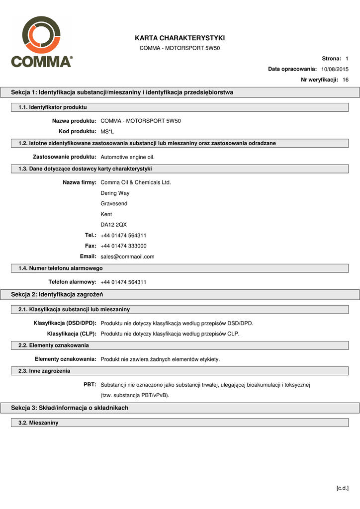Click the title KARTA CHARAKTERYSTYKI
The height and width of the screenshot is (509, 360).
[180, 38]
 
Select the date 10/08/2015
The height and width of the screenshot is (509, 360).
[335, 69]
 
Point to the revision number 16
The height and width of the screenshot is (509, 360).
[346, 80]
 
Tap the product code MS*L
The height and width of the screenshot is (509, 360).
[107, 131]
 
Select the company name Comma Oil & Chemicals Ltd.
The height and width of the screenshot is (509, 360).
[136, 182]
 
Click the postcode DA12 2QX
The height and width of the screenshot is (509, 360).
[113, 225]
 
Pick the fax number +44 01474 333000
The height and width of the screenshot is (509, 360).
[123, 246]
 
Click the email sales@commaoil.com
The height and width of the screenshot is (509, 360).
[127, 256]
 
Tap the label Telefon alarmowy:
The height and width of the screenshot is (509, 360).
[72, 282]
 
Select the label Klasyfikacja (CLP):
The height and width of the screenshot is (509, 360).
[72, 334]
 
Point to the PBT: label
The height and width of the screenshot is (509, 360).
[90, 384]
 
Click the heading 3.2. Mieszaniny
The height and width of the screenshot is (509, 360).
[38, 423]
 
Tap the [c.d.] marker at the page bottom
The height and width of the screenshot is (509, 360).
[343, 488]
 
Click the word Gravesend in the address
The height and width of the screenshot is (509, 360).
[114, 204]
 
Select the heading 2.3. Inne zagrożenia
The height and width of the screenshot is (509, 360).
[44, 371]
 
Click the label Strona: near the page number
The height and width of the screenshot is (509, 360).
[331, 59]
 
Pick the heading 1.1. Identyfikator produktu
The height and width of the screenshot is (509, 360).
[53, 107]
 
